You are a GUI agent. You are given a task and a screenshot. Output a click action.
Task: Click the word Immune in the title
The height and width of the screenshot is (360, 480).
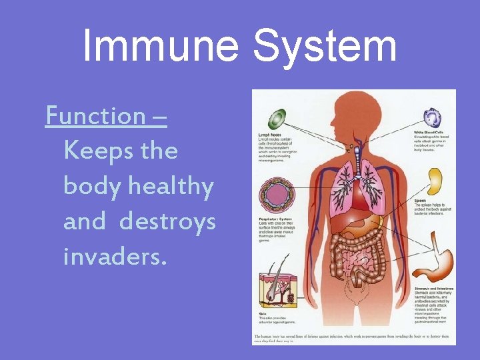click(160, 47)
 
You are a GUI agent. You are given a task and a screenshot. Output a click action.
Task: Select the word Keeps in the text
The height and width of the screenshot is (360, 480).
click(94, 151)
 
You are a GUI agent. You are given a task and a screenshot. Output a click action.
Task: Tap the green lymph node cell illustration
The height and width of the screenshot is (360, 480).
click(277, 119)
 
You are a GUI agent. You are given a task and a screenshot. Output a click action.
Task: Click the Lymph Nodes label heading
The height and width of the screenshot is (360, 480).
click(269, 134)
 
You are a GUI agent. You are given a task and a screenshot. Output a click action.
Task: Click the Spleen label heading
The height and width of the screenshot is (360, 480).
click(420, 200)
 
